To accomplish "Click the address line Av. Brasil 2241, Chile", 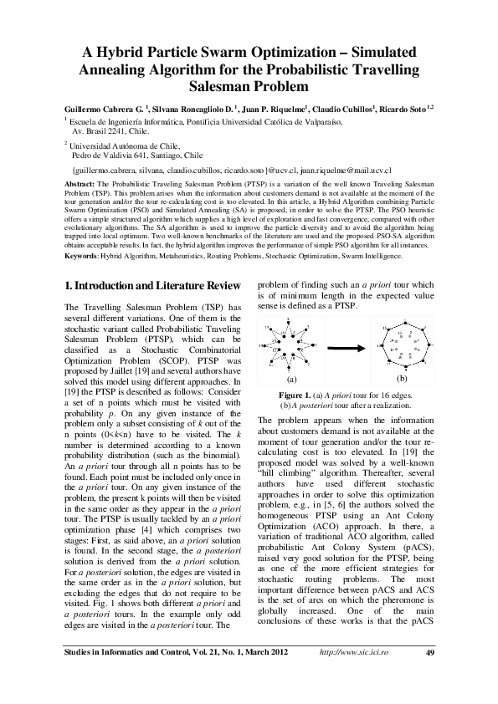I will (110, 131).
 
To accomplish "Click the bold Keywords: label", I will (82, 256).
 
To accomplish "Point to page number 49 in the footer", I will (431, 676).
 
